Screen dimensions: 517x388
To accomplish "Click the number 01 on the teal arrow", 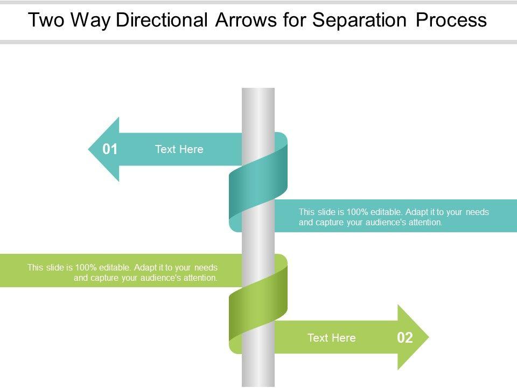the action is [110, 149].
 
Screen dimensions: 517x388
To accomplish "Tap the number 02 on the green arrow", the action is [405, 338].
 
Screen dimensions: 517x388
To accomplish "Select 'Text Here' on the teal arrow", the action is [179, 149].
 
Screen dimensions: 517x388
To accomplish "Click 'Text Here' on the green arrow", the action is [331, 338].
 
